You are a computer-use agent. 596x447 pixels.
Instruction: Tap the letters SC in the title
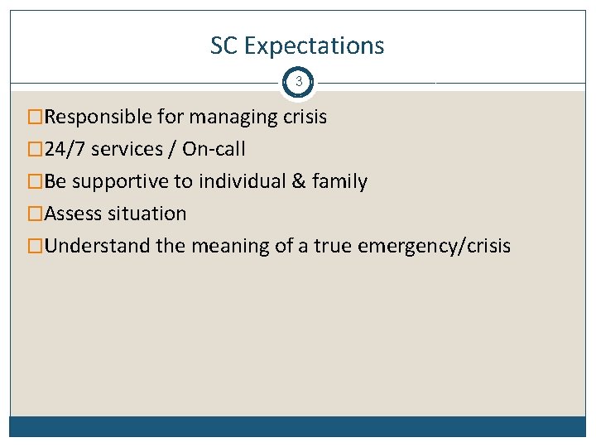[223, 46]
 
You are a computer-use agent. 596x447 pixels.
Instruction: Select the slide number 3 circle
[298, 83]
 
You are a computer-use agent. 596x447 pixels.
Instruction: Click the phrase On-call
[214, 149]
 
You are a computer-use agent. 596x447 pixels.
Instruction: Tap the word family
[339, 182]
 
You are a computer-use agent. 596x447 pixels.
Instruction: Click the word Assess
[74, 214]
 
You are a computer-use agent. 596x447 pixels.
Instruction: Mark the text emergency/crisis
[435, 247]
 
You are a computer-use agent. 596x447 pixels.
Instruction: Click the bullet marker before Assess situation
[35, 214]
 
